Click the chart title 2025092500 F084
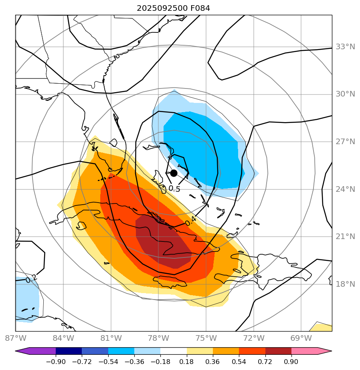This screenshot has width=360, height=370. tap(173, 8)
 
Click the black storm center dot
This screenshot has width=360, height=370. tap(174, 173)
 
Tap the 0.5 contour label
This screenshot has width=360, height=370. tap(174, 189)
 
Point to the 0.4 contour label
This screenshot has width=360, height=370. tap(190, 220)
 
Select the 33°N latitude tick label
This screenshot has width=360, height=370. tap(345, 47)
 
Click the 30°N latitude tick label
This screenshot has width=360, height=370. tap(345, 94)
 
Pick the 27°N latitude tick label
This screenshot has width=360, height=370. tap(345, 142)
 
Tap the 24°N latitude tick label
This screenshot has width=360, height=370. tap(345, 189)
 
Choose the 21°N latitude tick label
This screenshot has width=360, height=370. tap(345, 237)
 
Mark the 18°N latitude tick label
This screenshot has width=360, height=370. tap(345, 284)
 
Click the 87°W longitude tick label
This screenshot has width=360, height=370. tap(15, 338)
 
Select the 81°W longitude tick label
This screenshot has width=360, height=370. tap(111, 338)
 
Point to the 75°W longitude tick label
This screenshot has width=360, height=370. tap(206, 338)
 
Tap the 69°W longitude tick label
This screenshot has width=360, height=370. tap(301, 338)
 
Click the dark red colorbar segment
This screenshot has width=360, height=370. tap(278, 351)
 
